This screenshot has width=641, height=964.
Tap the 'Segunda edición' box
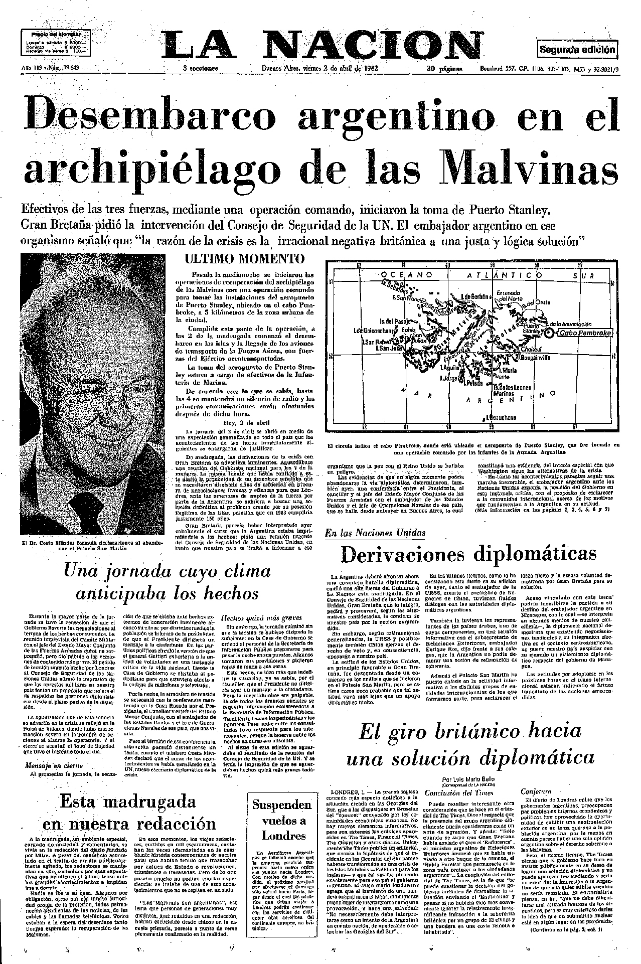577,50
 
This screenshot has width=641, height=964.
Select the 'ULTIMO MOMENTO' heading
244,259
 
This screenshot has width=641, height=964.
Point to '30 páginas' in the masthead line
444,69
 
